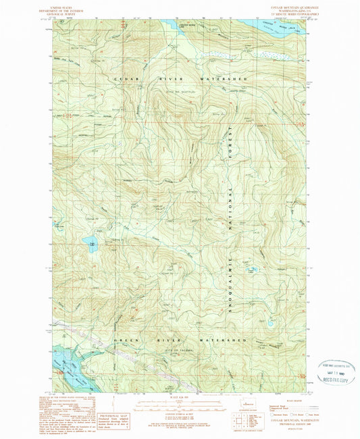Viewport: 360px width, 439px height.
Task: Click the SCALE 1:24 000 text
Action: click(x=179, y=396)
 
